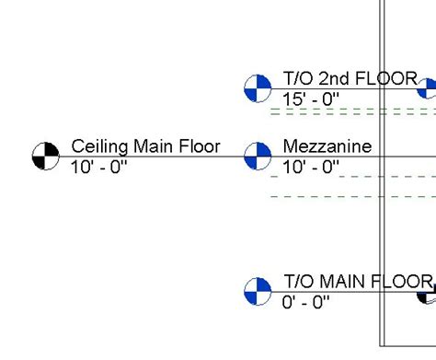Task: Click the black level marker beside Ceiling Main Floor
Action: (45, 156)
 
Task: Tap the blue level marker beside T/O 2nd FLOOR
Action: (258, 88)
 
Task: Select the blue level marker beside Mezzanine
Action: (258, 156)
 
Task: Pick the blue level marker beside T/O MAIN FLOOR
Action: (258, 292)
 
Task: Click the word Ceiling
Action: (100, 145)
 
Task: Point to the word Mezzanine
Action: (327, 145)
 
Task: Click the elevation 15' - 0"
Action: (312, 99)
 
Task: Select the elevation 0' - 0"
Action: (306, 303)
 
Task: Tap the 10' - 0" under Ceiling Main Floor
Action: (99, 167)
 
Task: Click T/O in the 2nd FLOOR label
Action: (297, 79)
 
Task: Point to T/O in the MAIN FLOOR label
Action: (297, 282)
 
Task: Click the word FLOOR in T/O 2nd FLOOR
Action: (386, 79)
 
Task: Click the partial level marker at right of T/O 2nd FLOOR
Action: (429, 88)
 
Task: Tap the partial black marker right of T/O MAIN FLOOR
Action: (428, 295)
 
